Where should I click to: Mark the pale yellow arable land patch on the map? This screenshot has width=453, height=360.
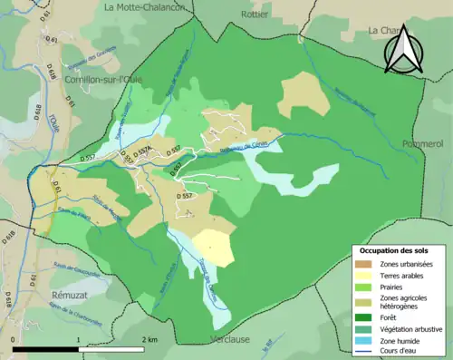215,247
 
